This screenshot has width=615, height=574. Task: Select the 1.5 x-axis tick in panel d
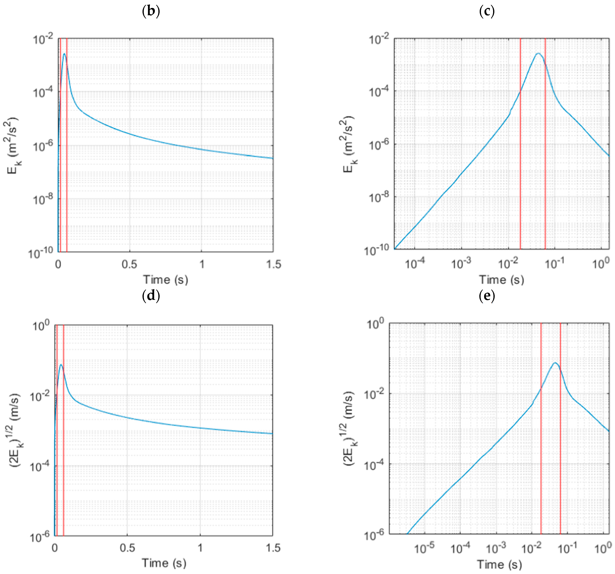pyautogui.click(x=273, y=548)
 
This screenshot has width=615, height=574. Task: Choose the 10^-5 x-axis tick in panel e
pyautogui.click(x=424, y=548)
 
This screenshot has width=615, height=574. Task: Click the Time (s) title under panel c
pyautogui.click(x=502, y=280)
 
